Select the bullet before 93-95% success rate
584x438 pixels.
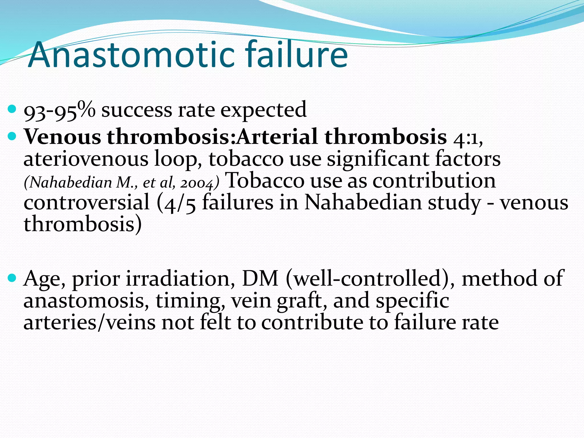[12, 109]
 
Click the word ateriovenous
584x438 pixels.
[86, 159]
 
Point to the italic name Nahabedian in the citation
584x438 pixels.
[71, 182]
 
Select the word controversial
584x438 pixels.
[86, 202]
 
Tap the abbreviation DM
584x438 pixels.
[260, 279]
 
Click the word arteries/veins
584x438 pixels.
[89, 323]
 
